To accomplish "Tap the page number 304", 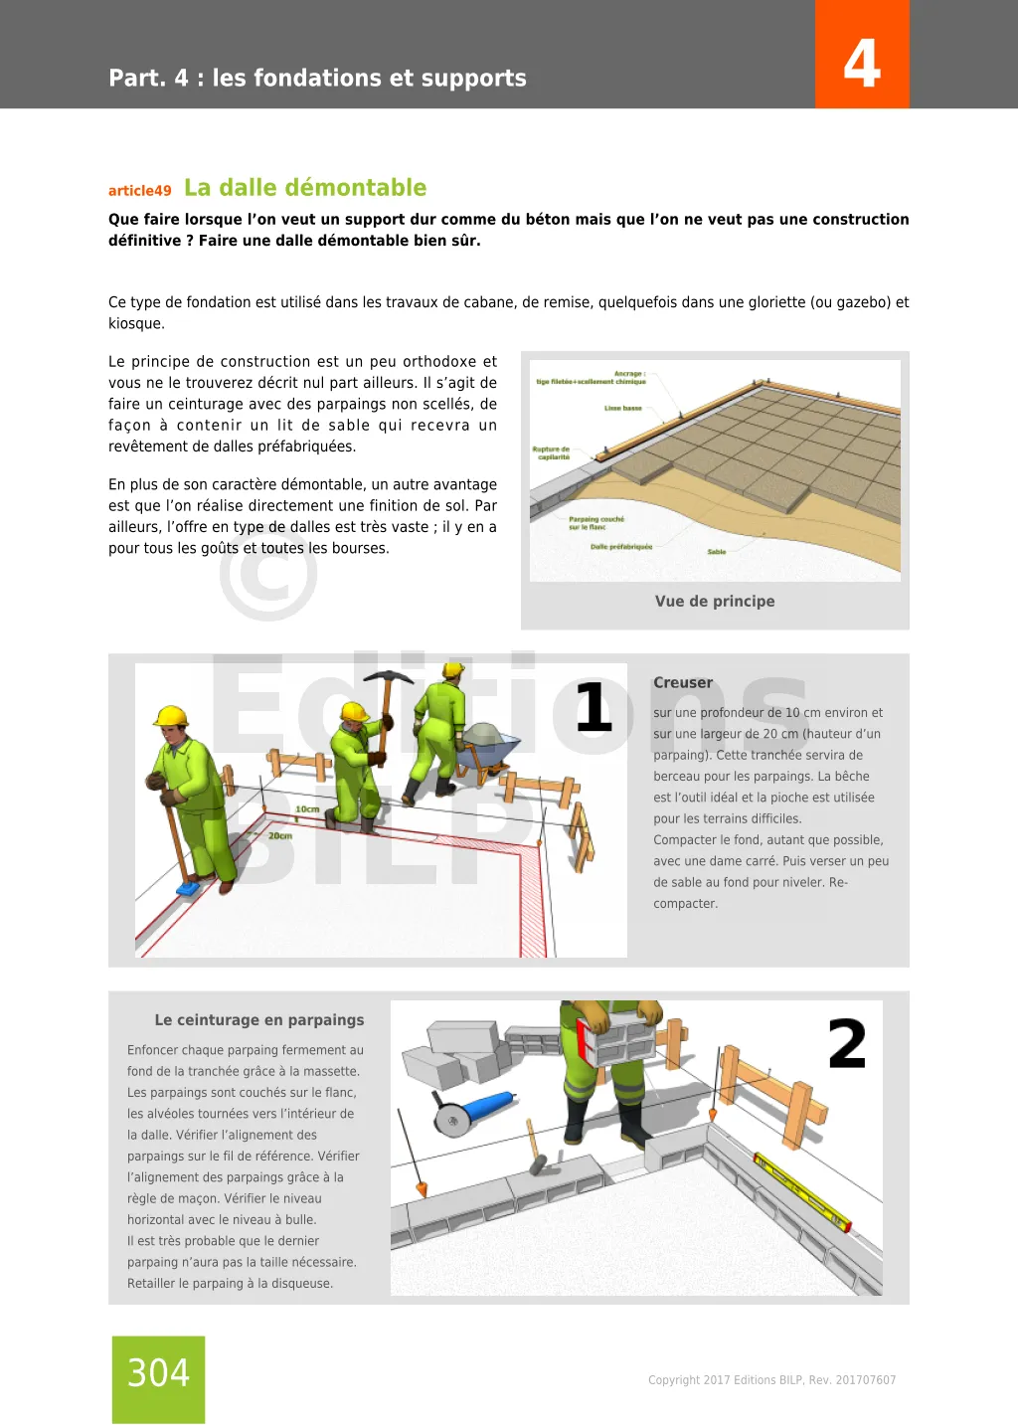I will (x=158, y=1373).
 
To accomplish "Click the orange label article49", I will (x=139, y=191).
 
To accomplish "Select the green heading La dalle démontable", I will (x=305, y=188).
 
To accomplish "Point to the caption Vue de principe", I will (x=715, y=601).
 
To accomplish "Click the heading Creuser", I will (x=683, y=683).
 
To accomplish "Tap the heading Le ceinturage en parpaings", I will (x=259, y=1020).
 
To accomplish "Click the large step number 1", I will (x=594, y=707).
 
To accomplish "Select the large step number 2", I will (x=847, y=1044).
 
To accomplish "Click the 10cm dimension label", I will (x=307, y=808).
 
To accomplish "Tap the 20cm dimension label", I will (x=280, y=835).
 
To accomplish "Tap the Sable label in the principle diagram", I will (x=717, y=552).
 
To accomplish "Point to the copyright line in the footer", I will (x=771, y=1380).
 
